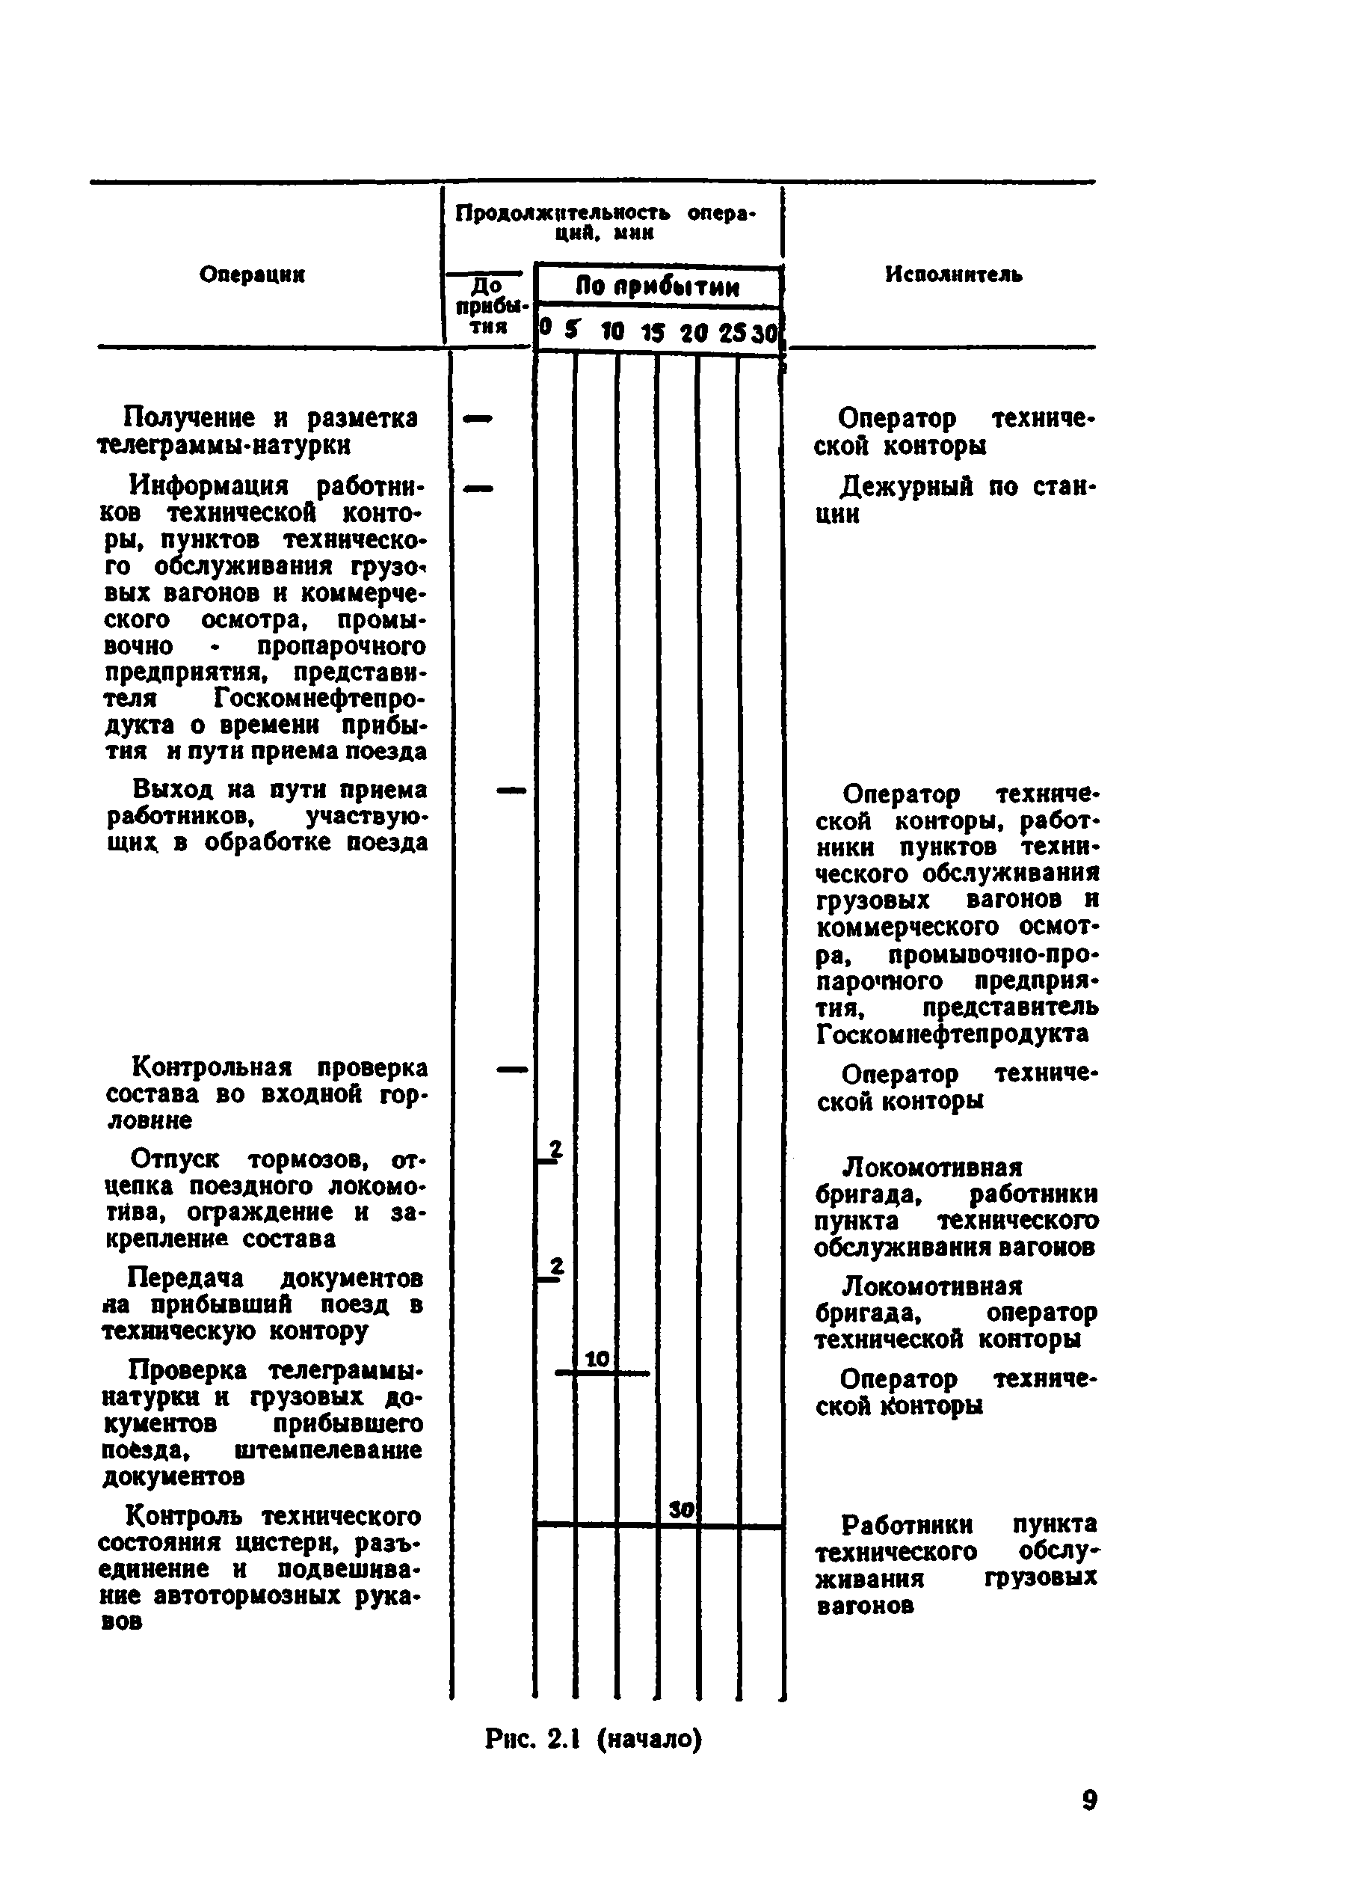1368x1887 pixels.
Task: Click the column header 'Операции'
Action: (x=252, y=274)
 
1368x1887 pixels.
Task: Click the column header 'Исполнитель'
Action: (x=953, y=274)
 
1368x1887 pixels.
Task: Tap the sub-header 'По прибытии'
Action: (x=657, y=287)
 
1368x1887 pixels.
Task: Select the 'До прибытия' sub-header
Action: (x=487, y=305)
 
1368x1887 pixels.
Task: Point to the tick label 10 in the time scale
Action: (x=612, y=332)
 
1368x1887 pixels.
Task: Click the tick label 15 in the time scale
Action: (x=653, y=333)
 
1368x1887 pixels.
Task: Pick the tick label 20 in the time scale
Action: (x=693, y=333)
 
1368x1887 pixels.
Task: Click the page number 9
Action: (x=1089, y=1799)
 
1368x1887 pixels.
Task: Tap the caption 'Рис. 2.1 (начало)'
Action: (x=593, y=1739)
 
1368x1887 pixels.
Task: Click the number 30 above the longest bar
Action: (x=681, y=1509)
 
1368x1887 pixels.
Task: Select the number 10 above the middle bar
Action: (x=597, y=1360)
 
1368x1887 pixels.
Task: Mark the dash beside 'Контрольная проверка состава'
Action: (x=511, y=1069)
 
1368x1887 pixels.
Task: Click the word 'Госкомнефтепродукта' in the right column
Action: (x=952, y=1034)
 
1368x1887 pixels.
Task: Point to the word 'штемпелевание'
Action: (x=328, y=1450)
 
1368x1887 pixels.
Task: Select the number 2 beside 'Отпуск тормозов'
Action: (x=555, y=1148)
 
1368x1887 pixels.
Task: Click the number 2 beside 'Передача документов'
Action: (x=556, y=1265)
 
